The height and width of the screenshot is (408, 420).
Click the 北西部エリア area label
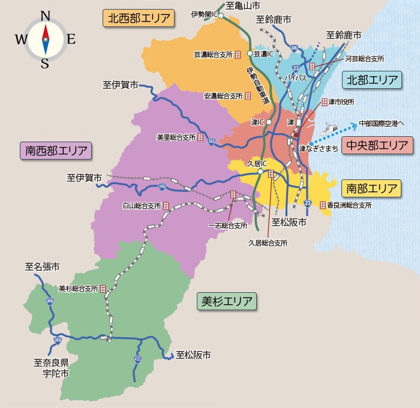[x=139, y=18]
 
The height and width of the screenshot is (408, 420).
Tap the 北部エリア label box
[x=372, y=80]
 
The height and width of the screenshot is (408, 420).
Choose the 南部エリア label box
[x=372, y=188]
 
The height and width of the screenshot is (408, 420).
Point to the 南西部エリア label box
[x=55, y=151]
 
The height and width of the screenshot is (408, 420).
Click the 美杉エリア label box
[x=226, y=301]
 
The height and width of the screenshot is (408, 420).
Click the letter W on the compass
[x=20, y=40]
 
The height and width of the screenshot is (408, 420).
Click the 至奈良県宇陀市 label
[x=51, y=368]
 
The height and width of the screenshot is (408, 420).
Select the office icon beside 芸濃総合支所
[x=238, y=54]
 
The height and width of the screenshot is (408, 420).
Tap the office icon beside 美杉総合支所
[x=103, y=289]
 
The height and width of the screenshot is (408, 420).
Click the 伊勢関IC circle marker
[x=221, y=16]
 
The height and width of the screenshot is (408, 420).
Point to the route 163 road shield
[x=211, y=142]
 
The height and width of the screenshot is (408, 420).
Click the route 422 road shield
[x=137, y=358]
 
